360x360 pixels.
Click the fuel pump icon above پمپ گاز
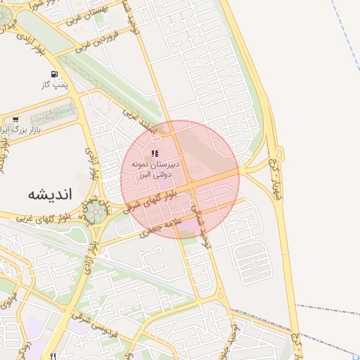click(54, 74)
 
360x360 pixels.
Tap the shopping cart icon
click(15, 120)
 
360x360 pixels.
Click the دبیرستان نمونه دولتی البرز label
click(154, 167)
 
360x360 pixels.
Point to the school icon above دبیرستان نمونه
click(155, 153)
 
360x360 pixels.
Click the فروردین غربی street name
click(93, 39)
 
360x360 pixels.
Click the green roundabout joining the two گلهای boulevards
click(99, 212)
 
